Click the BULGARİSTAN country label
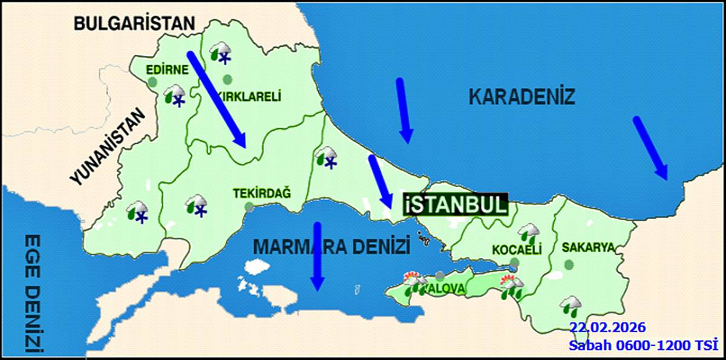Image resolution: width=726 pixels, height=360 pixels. click(x=134, y=24)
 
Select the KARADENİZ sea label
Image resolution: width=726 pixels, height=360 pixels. click(x=522, y=96)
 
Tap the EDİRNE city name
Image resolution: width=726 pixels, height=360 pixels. click(x=168, y=69)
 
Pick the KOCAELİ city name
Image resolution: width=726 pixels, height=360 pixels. click(x=516, y=249)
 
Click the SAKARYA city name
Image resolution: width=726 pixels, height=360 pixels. click(x=588, y=247)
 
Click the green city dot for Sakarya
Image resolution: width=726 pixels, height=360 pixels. click(x=569, y=264)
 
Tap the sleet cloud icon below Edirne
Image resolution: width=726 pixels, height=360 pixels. click(x=174, y=96)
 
